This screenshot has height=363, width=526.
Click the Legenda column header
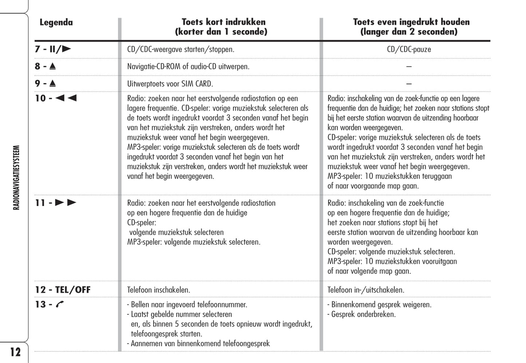56,23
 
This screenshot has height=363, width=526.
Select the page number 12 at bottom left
15,352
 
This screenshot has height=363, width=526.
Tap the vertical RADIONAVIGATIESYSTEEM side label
16,178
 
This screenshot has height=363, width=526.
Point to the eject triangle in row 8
52,66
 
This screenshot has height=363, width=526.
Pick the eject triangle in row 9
52,83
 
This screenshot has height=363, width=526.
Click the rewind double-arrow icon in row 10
66,98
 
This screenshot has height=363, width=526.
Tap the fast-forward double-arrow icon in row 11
66,203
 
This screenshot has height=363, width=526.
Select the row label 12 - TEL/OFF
63,290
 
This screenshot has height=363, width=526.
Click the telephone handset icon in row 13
60,304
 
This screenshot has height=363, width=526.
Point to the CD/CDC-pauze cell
409,49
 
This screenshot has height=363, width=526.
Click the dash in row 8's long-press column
409,67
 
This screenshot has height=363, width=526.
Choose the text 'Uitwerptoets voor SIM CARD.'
170,84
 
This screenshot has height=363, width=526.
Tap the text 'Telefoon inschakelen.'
159,290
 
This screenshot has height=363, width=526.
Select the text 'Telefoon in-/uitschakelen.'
366,290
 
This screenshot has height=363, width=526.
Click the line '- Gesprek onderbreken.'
361,314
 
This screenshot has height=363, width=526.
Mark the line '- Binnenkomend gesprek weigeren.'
379,304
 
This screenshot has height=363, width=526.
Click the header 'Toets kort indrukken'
224,22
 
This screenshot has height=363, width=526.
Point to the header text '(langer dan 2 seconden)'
409,32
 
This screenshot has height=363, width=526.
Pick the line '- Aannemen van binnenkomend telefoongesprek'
198,343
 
